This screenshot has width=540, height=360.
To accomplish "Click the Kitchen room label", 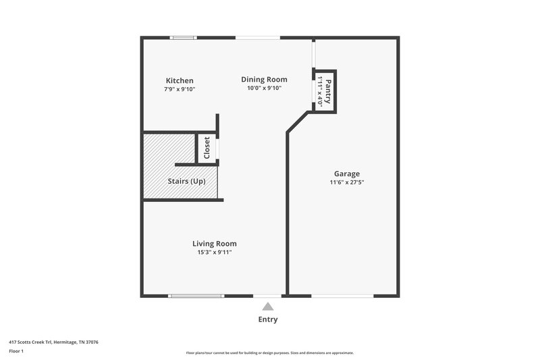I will [180, 80].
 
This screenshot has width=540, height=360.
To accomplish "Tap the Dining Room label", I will [265, 79].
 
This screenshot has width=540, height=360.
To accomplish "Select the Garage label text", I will [347, 174].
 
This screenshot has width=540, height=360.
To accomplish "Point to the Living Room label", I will [215, 244].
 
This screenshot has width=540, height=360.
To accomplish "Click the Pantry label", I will [328, 88].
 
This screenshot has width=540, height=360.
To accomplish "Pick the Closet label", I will [207, 148].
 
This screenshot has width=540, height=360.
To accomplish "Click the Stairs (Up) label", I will [186, 182].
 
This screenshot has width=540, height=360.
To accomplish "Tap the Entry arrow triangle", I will [268, 307].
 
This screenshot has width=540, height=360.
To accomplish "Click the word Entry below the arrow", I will [268, 319].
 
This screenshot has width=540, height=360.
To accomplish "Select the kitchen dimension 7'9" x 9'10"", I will [180, 89].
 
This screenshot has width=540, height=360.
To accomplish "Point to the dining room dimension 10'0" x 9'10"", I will [265, 88].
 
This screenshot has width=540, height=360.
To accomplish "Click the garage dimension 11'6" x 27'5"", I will [347, 182].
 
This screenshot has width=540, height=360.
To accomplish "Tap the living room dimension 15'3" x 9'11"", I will [215, 253].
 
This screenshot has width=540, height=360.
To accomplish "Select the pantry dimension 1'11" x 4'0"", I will [320, 92].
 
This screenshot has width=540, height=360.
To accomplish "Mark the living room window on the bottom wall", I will [196, 295].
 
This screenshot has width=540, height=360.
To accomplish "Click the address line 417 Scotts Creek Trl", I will [54, 342].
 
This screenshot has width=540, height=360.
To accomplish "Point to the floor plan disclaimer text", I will [270, 353].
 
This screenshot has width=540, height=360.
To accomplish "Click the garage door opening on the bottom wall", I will [342, 295].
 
